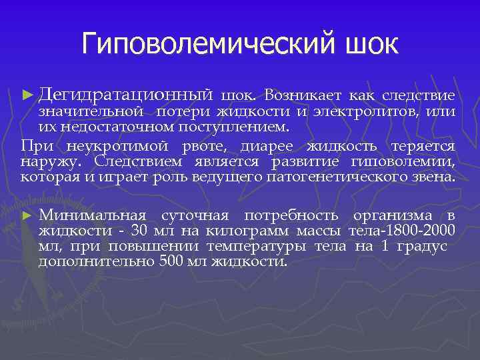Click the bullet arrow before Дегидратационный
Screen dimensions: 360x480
coord(27,96)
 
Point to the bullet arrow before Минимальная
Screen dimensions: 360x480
coord(27,216)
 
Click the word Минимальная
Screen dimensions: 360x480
coord(93,215)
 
